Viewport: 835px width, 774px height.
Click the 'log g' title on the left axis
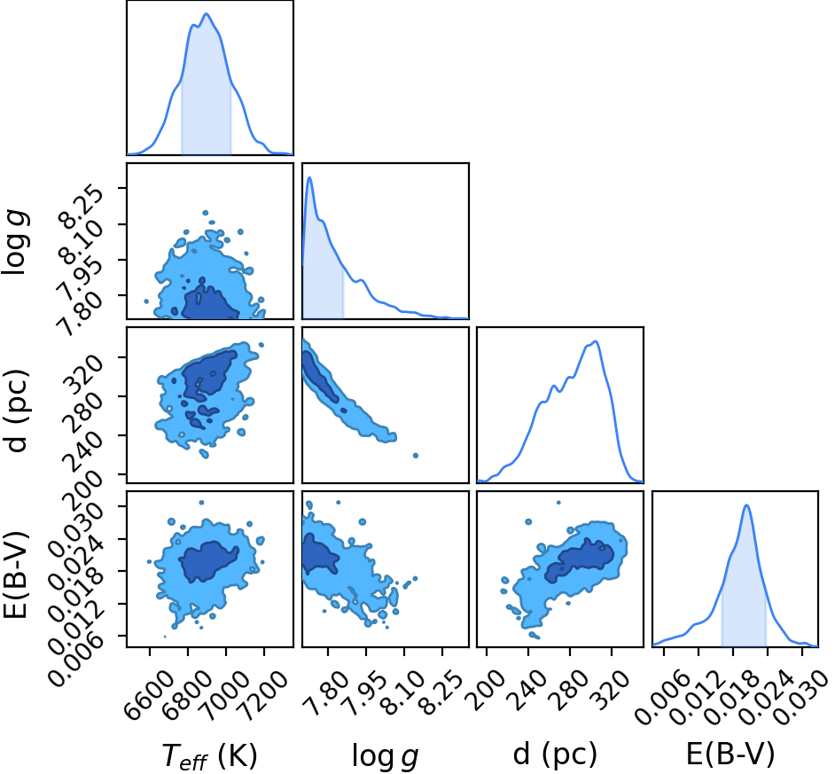pos(16,242)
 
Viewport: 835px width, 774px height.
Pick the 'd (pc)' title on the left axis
pos(16,410)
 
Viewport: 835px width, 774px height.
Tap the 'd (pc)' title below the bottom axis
pos(555,754)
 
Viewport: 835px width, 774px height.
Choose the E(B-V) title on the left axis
pos(15,575)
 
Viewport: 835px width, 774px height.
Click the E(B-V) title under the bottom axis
pos(730,754)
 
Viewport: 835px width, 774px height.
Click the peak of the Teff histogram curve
pos(207,14)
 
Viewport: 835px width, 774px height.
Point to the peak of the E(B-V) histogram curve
pos(746,505)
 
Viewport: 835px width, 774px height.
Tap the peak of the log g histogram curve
pos(309,178)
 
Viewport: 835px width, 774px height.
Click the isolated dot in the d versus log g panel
pos(416,456)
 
